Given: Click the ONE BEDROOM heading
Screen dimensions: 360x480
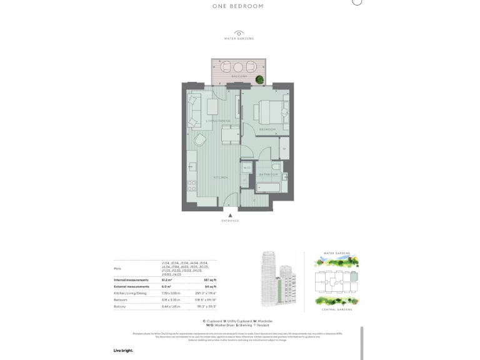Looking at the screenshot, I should (x=237, y=6).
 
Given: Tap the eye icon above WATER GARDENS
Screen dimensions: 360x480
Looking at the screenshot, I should (x=239, y=32).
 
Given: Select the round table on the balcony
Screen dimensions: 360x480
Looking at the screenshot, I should (x=237, y=67).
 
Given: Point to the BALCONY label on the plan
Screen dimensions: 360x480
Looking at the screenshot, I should (x=237, y=76).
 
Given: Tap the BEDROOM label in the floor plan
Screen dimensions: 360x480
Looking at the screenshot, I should (x=268, y=129).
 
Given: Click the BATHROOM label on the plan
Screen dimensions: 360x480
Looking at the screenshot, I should (x=269, y=174).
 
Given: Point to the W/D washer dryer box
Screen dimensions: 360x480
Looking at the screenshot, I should (x=247, y=168).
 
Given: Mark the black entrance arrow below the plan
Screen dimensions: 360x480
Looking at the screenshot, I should (x=230, y=214).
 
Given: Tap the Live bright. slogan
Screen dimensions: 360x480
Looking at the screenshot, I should (x=123, y=351).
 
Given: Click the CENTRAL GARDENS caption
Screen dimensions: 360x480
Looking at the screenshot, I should (x=337, y=309).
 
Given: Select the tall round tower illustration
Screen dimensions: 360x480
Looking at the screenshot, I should (x=270, y=277).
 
